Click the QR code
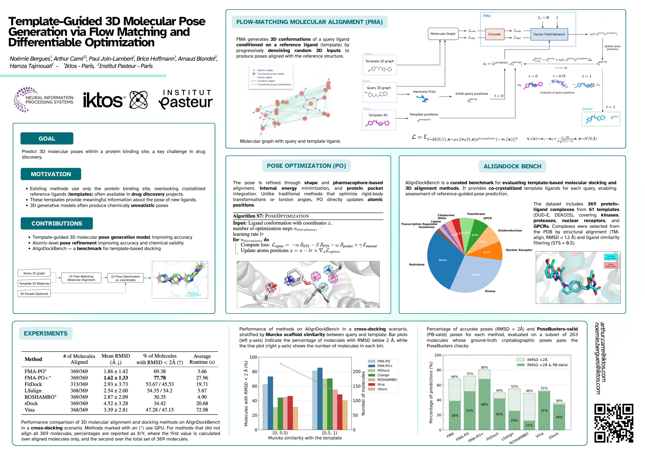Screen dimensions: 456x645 tap(614, 423)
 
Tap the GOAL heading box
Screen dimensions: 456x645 tap(47, 138)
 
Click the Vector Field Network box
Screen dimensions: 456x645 tap(549, 34)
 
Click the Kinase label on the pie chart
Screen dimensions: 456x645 tap(490, 291)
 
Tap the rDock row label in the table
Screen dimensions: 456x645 tap(31, 403)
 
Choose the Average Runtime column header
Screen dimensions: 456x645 tap(202, 359)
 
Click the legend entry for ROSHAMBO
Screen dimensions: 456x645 tap(387, 380)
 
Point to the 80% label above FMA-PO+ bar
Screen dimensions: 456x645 tap(484, 367)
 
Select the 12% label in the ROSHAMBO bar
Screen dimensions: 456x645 tap(529, 425)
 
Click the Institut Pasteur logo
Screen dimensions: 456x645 tap(185, 100)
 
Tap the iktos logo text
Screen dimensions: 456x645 tap(103, 100)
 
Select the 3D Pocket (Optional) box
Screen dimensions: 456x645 tap(34, 294)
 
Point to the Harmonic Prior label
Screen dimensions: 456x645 tap(424, 92)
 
